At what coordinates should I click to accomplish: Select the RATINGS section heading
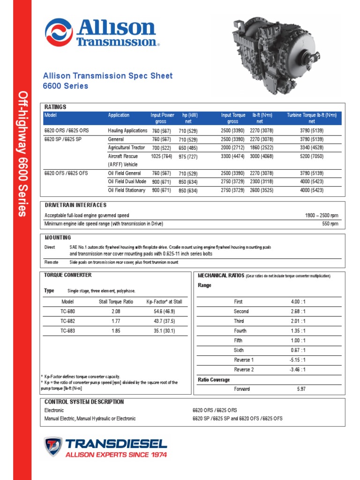pos(55,107)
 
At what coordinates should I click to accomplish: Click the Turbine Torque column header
pos(311,118)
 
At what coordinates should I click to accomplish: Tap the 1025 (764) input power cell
pos(161,157)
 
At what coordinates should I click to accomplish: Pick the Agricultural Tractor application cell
pos(127,148)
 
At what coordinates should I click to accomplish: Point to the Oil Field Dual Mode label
pos(127,181)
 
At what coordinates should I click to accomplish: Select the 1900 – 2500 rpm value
pos(321,216)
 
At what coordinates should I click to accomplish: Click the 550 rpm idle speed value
pos(330,224)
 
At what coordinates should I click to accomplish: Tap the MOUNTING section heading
pos(58,238)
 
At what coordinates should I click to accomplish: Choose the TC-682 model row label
pos(68,321)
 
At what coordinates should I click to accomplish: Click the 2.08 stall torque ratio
pos(116,311)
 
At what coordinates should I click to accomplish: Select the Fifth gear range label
pos(238,340)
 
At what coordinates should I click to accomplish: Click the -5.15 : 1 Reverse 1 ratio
pos(298,360)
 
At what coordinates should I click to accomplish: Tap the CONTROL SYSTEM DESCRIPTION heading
pos(84,402)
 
